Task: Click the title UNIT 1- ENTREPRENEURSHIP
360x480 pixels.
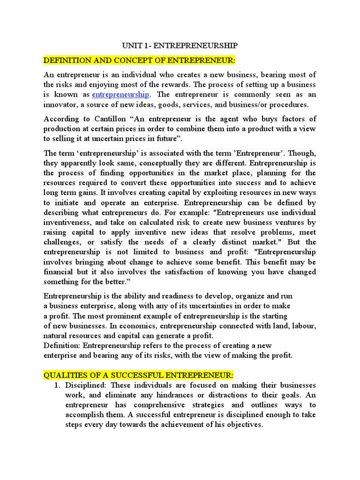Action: (180, 45)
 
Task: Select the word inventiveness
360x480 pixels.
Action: (66, 223)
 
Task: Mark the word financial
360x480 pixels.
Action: (60, 272)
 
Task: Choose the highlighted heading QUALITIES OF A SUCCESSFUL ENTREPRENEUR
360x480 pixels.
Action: (138, 375)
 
